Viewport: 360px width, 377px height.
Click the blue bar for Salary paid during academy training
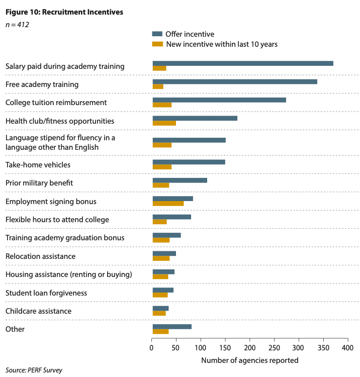point(243,63)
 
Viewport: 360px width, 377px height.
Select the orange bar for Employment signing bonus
point(168,203)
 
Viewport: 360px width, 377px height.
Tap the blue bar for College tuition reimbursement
point(219,100)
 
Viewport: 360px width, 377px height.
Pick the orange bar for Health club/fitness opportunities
point(164,123)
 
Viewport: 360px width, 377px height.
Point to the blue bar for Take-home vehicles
point(189,162)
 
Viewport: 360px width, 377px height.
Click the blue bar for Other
point(172,327)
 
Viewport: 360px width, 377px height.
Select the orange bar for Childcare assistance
point(159,313)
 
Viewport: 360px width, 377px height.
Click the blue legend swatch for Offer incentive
point(157,34)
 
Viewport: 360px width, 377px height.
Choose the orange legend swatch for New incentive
point(157,44)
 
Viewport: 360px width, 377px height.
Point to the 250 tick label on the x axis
point(274,348)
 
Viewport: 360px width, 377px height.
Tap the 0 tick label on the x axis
point(152,348)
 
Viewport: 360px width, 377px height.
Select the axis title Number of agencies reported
point(249,360)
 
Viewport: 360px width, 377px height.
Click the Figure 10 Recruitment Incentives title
point(64,12)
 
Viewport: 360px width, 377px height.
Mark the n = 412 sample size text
point(17,24)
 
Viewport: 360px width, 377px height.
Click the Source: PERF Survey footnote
point(34,370)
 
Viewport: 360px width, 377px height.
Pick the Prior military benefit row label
point(39,183)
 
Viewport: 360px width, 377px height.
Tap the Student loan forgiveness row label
point(46,293)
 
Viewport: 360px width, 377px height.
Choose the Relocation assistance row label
point(40,256)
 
